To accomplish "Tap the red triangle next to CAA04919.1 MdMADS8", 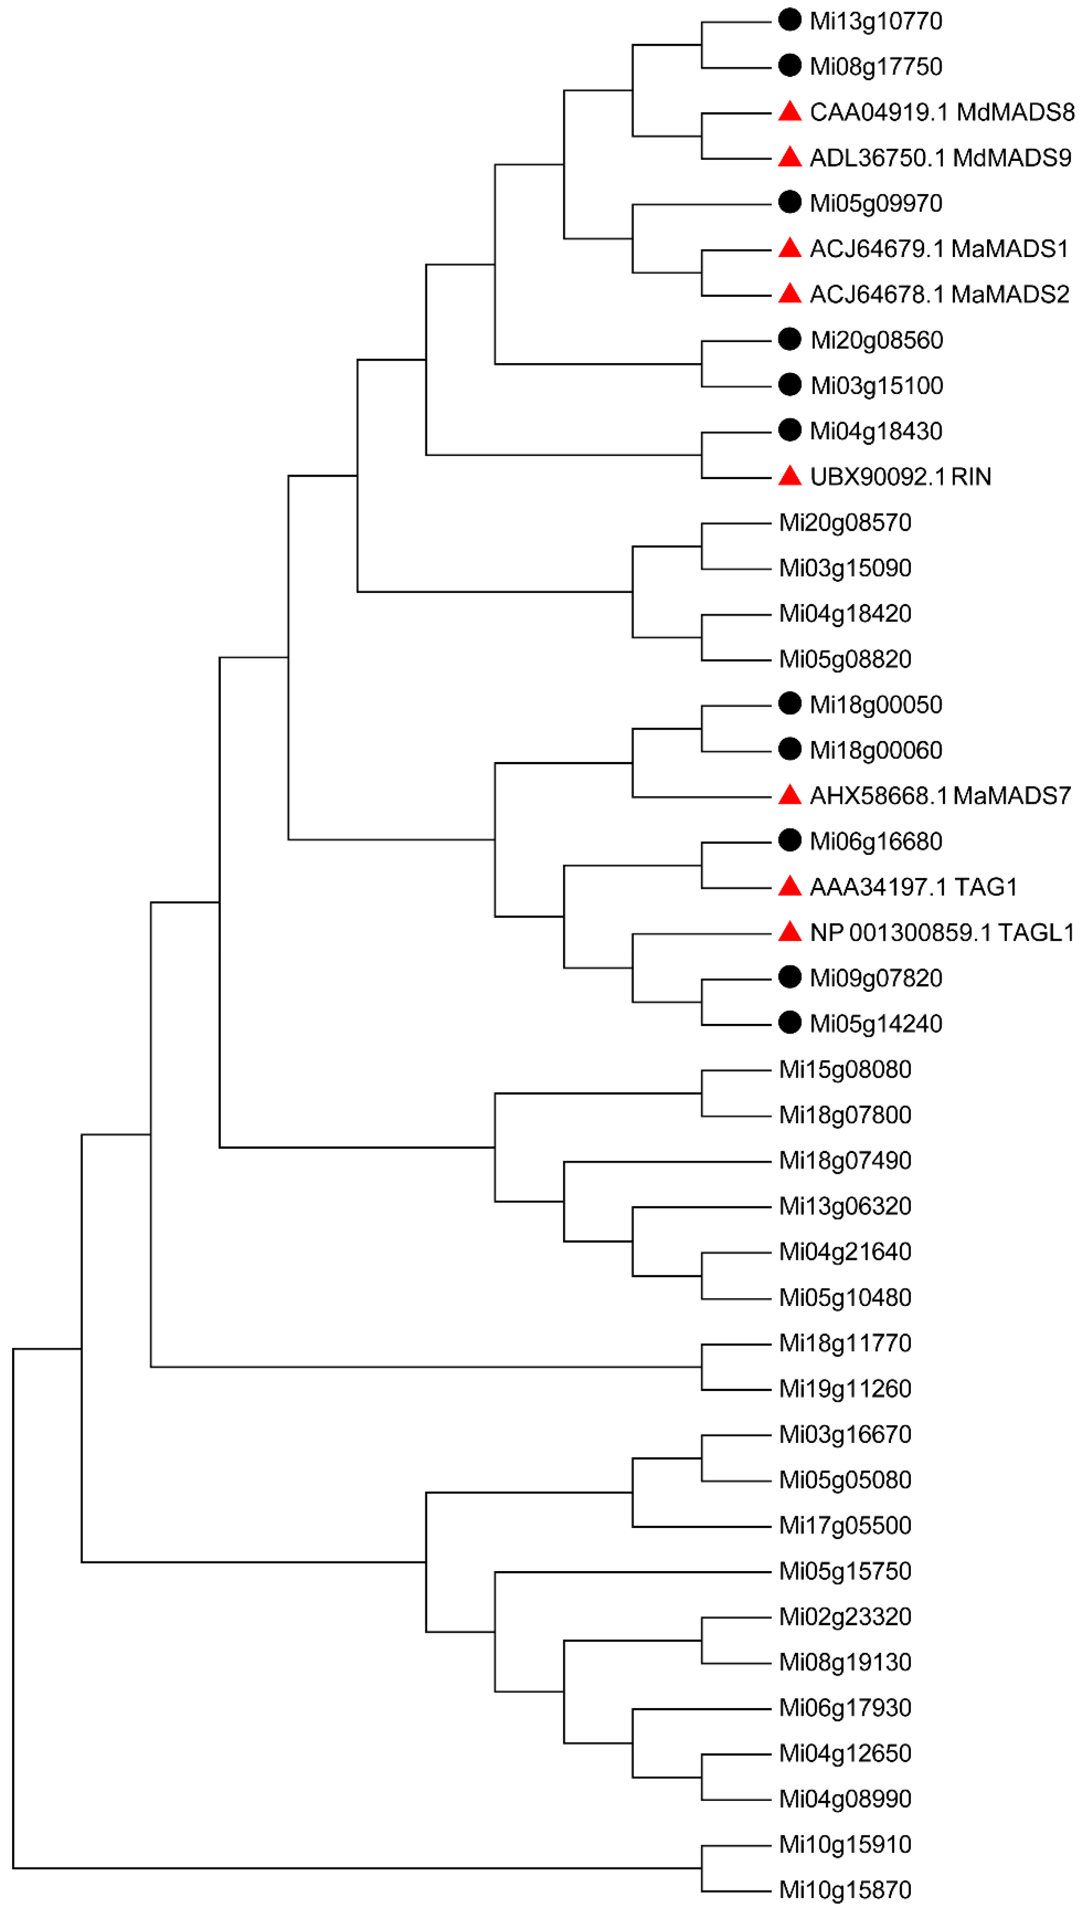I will (x=789, y=112).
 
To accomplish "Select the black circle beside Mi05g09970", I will (x=789, y=202).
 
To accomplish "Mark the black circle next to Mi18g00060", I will (x=789, y=749).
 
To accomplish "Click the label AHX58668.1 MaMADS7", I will (x=940, y=796).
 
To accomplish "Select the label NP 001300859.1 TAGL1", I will (x=942, y=932).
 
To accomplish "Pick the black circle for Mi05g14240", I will (x=789, y=1023).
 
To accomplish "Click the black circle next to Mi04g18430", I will (x=789, y=430).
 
